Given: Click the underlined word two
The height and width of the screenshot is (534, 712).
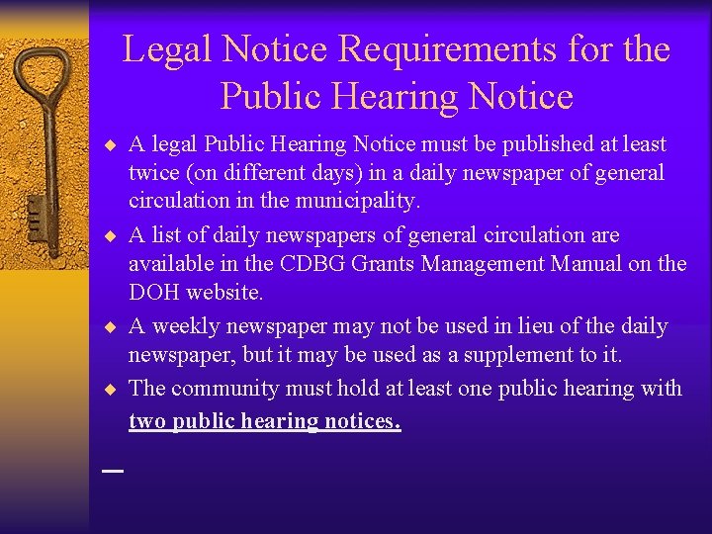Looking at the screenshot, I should pos(146,421).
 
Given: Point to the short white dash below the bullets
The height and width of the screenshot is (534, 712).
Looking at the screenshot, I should pos(113,472).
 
